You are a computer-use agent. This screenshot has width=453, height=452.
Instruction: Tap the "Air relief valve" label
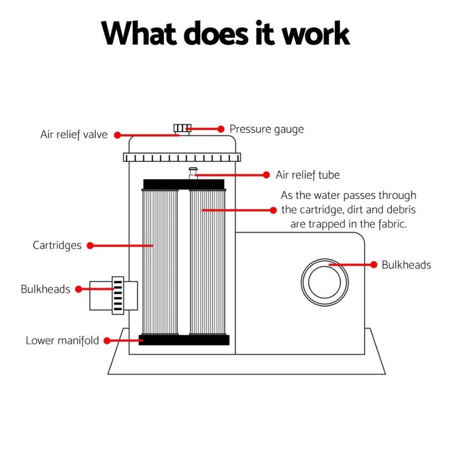tap(74, 135)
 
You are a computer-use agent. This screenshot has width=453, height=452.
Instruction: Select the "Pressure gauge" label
tap(266, 129)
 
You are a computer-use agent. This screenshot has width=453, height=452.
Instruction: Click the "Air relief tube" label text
tap(307, 175)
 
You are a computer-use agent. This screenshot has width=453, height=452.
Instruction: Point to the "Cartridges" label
tap(57, 245)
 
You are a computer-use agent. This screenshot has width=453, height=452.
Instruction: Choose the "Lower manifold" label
tap(62, 341)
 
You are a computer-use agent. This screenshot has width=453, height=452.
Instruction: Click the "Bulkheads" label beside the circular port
tap(406, 265)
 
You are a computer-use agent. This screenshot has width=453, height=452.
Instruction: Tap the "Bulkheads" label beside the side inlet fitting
tap(45, 289)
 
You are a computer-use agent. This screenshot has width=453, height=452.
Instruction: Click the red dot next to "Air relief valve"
tap(117, 135)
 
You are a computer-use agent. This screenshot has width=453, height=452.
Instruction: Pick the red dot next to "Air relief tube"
tap(266, 175)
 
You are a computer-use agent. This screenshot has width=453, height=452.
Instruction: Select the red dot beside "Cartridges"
tap(90, 245)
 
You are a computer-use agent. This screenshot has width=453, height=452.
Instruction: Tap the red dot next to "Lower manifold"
tap(107, 341)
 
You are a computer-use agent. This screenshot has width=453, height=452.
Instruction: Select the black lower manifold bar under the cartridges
tap(184, 340)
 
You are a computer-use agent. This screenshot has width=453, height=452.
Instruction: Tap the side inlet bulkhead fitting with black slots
tap(118, 295)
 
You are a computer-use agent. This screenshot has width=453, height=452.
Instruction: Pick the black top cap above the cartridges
tap(184, 185)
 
